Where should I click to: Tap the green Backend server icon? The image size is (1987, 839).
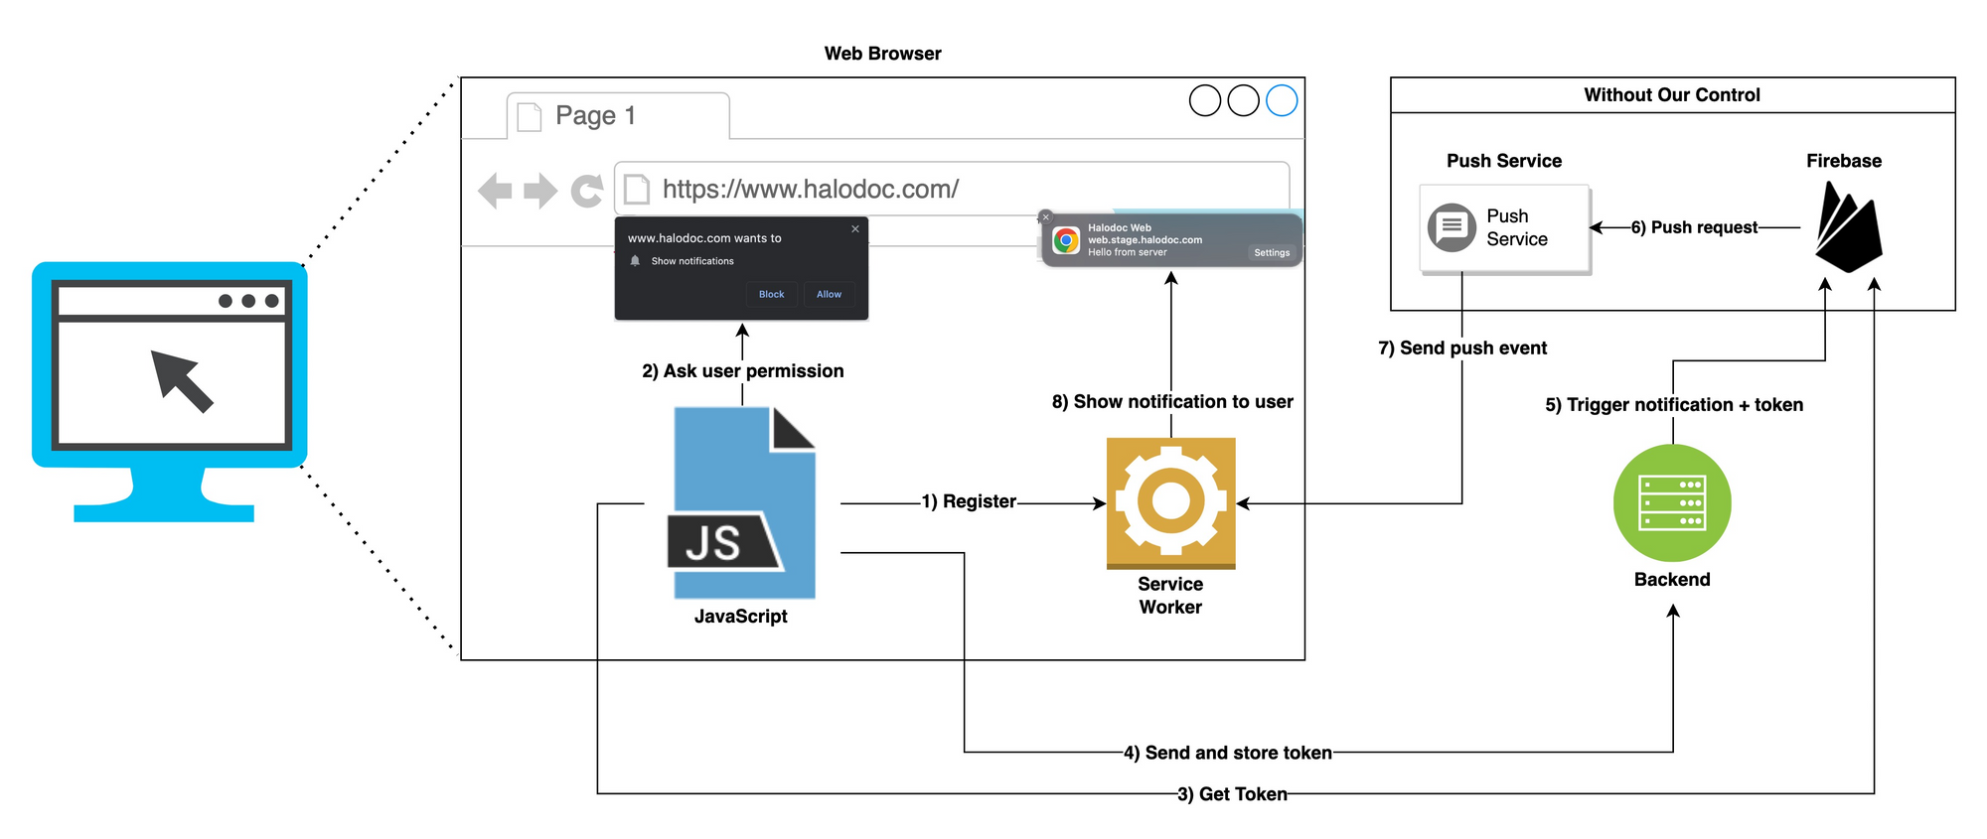coord(1672,503)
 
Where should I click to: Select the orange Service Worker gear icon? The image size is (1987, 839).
coord(1170,501)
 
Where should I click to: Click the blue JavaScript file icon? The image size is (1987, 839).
coord(743,502)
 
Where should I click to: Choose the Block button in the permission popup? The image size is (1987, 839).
coord(771,294)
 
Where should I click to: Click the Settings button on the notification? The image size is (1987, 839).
coord(1272,253)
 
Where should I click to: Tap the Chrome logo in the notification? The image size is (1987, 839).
coord(1066,240)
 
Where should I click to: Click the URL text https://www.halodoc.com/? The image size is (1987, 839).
coord(810,189)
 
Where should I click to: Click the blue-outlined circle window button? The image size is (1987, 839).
coord(1282,100)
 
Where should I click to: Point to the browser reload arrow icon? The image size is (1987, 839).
coord(587,190)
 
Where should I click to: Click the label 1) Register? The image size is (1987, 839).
coord(969,501)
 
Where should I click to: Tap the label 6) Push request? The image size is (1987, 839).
coord(1694,227)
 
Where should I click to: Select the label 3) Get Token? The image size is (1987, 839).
coord(1232,794)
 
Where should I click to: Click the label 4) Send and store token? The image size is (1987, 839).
coord(1227,753)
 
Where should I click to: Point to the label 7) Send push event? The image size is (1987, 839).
coord(1462,349)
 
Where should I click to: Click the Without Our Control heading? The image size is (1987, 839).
coord(1672,95)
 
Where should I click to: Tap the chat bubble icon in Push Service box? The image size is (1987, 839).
coord(1452,227)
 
